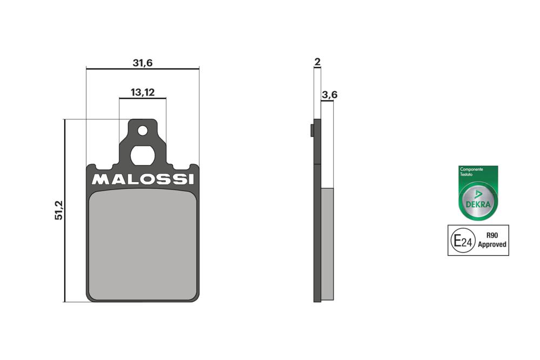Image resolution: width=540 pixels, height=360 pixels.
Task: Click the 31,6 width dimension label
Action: pos(143,63)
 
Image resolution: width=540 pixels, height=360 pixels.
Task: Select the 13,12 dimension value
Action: pos(143,92)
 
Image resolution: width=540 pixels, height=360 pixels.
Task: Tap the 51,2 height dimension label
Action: pos(59,210)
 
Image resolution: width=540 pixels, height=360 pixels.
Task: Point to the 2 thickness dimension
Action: pos(317,62)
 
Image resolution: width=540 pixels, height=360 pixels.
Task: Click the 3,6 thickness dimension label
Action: pos(329,95)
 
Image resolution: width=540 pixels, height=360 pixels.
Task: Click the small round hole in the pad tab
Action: pos(143,130)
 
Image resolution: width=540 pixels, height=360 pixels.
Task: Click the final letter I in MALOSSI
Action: pos(190,179)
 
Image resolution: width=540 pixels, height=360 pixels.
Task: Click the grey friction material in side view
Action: pos(328,243)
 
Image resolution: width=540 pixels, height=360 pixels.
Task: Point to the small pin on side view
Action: pos(312,131)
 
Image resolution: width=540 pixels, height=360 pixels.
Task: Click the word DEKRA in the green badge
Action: pos(478,205)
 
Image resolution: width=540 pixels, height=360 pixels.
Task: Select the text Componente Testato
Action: pos(471,172)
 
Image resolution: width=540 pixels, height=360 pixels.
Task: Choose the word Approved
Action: pos(492,244)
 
